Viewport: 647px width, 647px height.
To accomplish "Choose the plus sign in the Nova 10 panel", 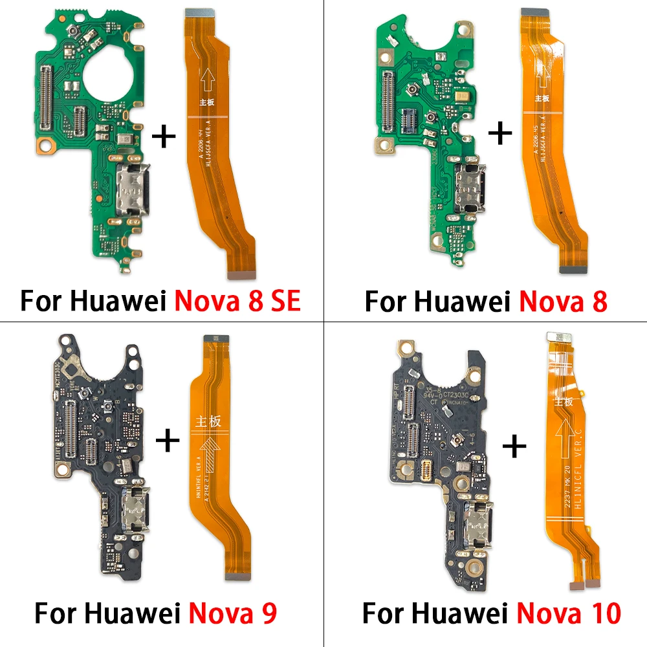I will coord(515,446).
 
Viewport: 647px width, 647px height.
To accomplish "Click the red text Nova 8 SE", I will coord(237,301).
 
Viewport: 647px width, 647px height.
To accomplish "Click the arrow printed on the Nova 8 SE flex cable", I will coord(208,80).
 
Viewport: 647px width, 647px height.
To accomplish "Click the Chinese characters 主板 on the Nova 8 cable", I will coord(542,98).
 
